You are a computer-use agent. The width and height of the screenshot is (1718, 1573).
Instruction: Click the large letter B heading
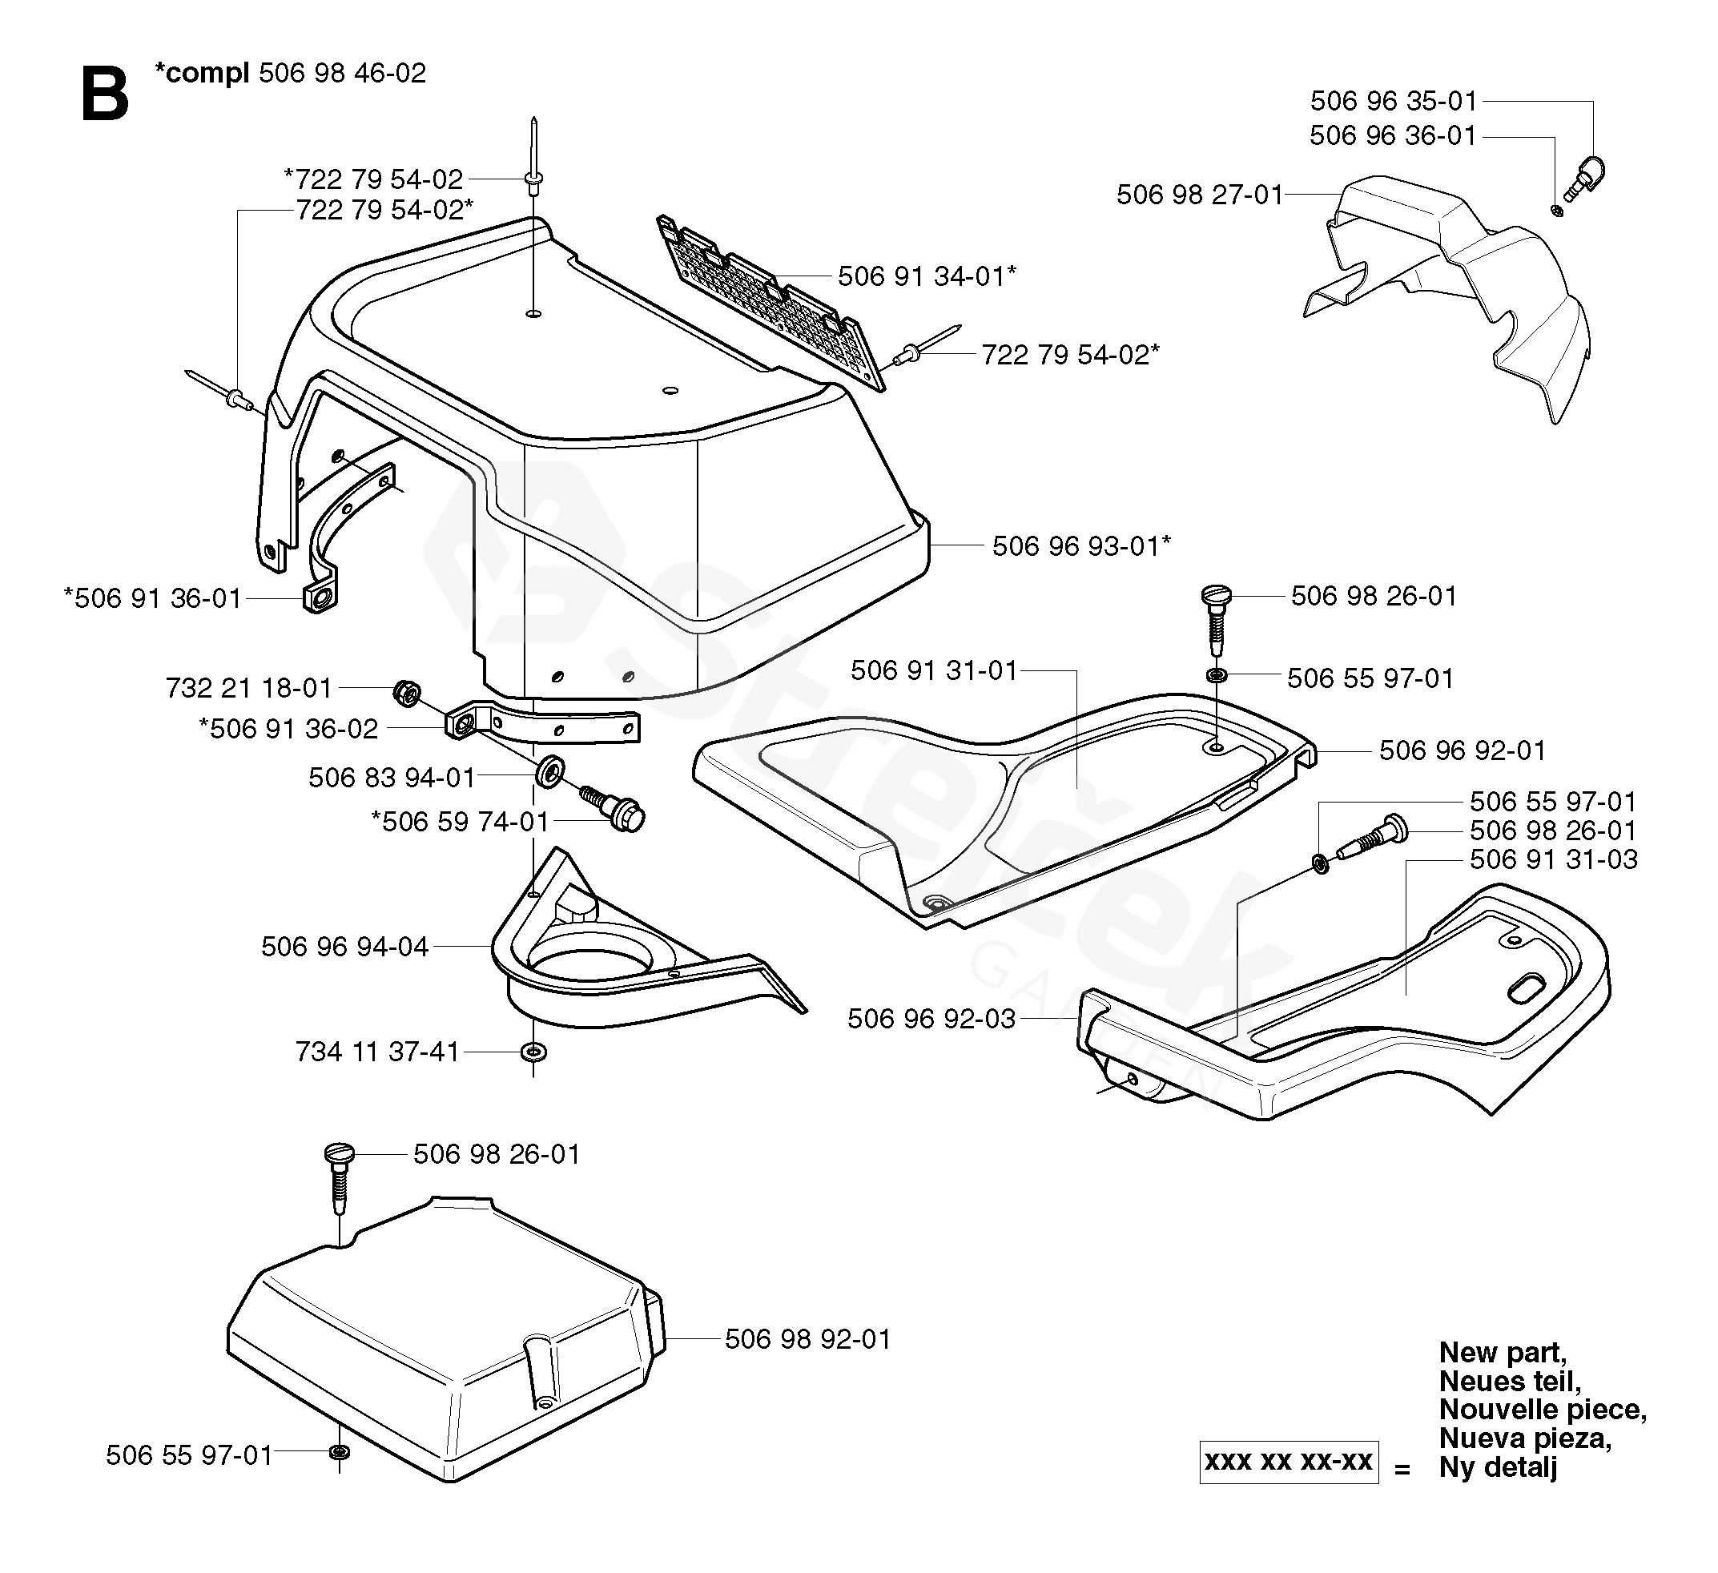(x=105, y=94)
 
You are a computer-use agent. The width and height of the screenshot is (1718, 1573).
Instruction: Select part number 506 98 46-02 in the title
(x=342, y=73)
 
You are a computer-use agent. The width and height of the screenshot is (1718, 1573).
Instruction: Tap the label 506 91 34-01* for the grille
(x=927, y=276)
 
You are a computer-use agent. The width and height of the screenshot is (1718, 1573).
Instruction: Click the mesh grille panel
(x=771, y=303)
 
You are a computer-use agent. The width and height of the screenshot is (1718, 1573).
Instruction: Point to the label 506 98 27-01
(x=1199, y=195)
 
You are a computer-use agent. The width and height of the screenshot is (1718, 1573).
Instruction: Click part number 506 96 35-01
(x=1394, y=102)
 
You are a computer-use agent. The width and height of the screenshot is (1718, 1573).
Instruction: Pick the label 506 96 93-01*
(x=1081, y=545)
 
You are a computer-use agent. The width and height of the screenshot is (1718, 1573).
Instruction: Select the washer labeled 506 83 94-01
(x=549, y=772)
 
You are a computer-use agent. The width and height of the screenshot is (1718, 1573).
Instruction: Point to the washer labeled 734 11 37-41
(x=533, y=1052)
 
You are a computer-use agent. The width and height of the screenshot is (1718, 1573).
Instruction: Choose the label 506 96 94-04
(x=344, y=947)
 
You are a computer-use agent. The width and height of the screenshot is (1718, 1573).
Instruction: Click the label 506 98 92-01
(x=807, y=1339)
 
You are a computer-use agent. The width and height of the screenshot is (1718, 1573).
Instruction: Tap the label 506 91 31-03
(x=1554, y=859)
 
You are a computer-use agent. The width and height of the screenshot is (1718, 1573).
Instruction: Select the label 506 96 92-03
(x=931, y=1018)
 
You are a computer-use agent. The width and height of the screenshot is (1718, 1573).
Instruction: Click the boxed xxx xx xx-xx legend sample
(x=1289, y=1462)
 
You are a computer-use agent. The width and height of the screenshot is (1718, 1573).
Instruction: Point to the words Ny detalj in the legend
(x=1498, y=1467)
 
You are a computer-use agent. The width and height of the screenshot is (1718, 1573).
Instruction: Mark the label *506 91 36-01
(x=154, y=598)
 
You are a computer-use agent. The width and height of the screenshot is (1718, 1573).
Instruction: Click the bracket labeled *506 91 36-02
(x=545, y=726)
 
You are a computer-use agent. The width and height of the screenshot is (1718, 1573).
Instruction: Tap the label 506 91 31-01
(x=934, y=670)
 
